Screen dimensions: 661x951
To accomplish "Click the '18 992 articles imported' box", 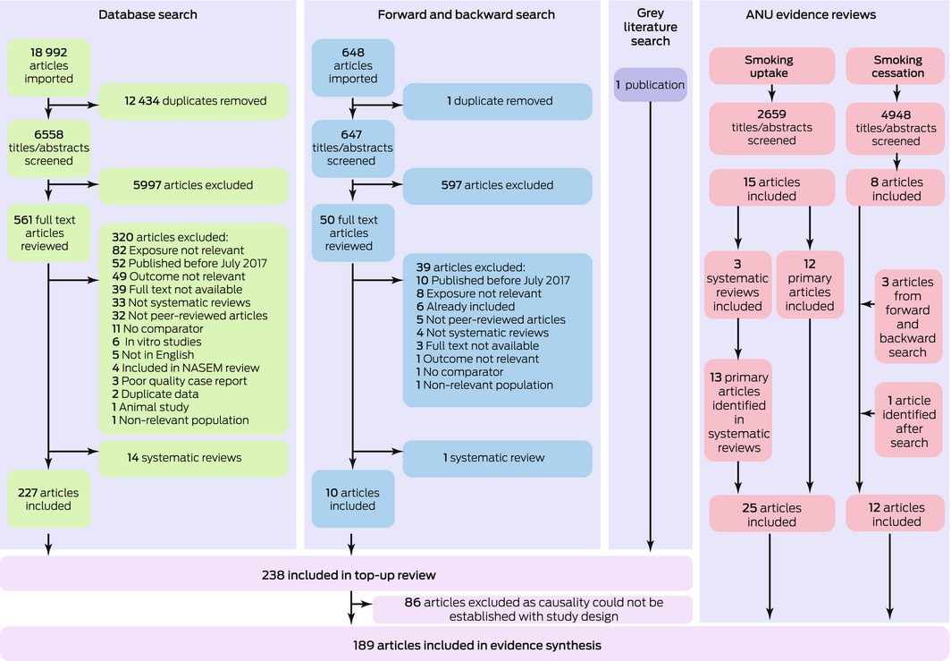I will [48, 66].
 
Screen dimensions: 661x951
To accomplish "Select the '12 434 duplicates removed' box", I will [194, 101].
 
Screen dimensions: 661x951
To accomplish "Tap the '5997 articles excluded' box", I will [194, 185].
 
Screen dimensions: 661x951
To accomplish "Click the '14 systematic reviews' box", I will [194, 458].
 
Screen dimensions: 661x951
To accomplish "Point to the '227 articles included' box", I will [48, 499].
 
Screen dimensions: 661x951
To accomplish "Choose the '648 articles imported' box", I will [352, 66].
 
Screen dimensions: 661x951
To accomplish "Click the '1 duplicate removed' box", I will [498, 101].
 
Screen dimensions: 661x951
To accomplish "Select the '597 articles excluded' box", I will [498, 185].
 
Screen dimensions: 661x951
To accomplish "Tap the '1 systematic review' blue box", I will [498, 458].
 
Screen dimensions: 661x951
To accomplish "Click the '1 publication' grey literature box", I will [650, 85].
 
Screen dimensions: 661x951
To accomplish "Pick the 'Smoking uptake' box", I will [769, 66].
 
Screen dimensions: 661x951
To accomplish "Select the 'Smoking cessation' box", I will [896, 66].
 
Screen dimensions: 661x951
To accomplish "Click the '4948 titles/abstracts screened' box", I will [896, 127].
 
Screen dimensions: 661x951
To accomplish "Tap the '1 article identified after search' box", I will [907, 421].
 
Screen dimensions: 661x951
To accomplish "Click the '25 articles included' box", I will [769, 514].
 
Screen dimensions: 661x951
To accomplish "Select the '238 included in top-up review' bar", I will [346, 573].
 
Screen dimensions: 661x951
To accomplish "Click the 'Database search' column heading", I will [147, 14].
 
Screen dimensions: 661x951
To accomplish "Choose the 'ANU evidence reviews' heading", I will [823, 14].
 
